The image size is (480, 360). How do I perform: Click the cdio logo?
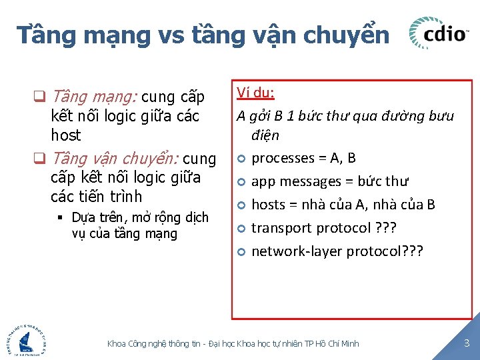tap(438, 33)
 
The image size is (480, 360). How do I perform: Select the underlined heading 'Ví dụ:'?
tap(255, 92)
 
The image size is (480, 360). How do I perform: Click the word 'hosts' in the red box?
tap(268, 205)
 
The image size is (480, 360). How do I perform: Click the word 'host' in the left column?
tap(65, 135)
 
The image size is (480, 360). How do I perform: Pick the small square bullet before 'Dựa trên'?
tap(60, 218)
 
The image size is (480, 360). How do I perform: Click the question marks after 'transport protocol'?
tap(386, 228)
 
